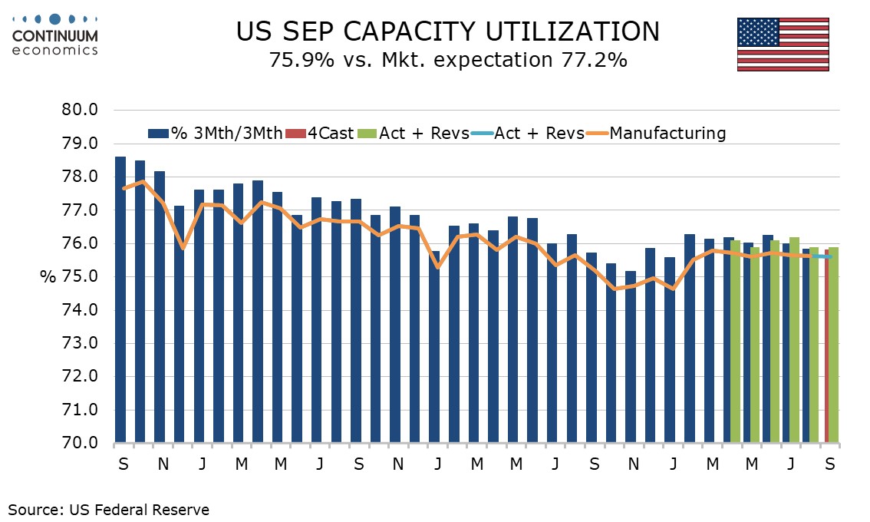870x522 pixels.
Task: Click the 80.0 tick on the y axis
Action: [80, 110]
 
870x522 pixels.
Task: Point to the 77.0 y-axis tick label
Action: [80, 210]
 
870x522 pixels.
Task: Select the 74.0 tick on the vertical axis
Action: [80, 309]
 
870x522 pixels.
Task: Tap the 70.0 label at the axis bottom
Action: [80, 443]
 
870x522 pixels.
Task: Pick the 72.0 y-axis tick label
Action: [80, 376]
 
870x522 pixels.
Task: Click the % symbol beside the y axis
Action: [48, 277]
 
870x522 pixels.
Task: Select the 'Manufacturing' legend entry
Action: [666, 134]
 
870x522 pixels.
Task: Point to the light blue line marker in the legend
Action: [482, 134]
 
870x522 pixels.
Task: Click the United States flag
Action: [783, 44]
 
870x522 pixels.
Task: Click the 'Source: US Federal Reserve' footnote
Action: [109, 509]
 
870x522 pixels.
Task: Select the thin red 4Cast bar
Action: [826, 345]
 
